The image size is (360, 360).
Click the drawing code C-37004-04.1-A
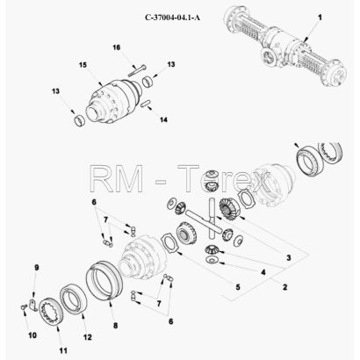173,18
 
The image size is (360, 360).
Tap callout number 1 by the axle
320,18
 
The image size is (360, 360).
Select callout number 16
117,47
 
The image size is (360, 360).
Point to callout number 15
83,65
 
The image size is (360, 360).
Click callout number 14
163,119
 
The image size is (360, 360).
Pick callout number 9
37,268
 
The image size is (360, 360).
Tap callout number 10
32,335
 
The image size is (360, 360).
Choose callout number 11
63,350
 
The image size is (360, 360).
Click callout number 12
88,337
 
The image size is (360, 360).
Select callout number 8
115,326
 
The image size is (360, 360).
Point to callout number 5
238,287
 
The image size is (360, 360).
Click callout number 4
263,272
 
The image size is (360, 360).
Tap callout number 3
289,258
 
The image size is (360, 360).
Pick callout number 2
284,287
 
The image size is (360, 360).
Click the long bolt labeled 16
137,70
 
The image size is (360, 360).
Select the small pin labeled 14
146,104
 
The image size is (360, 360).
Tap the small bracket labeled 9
33,305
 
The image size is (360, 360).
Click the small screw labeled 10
24,306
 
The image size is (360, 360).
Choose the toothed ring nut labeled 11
51,311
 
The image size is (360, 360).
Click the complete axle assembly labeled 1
285,46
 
